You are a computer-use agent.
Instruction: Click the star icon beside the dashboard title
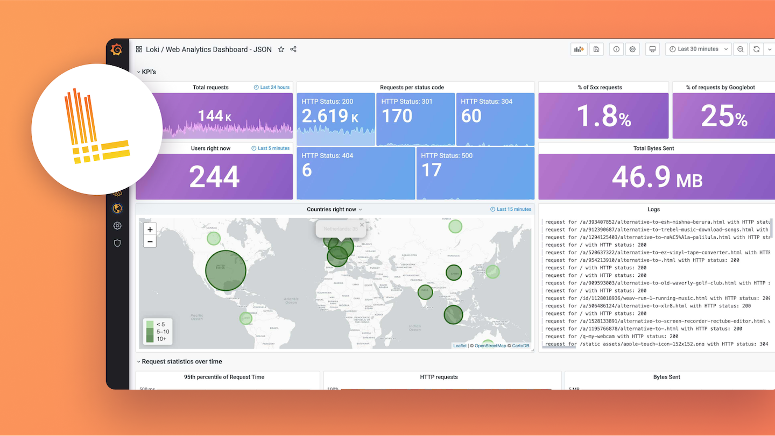click(281, 49)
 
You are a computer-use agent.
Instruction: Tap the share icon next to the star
click(293, 49)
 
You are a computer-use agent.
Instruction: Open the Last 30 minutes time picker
click(698, 49)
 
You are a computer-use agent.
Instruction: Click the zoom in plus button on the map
click(150, 230)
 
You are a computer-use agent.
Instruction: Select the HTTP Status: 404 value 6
click(307, 170)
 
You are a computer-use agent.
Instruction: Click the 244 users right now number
click(214, 176)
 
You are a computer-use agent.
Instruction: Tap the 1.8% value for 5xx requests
click(603, 116)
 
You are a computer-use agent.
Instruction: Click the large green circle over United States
click(226, 270)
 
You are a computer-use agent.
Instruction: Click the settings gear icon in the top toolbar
click(632, 49)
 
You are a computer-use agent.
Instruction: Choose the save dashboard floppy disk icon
click(596, 49)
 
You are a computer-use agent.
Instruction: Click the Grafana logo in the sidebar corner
click(117, 50)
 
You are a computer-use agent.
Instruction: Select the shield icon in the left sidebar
click(117, 243)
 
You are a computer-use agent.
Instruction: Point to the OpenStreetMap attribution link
click(490, 346)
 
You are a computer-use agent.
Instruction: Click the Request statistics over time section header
click(181, 362)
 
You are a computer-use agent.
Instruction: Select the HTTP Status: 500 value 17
click(431, 170)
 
